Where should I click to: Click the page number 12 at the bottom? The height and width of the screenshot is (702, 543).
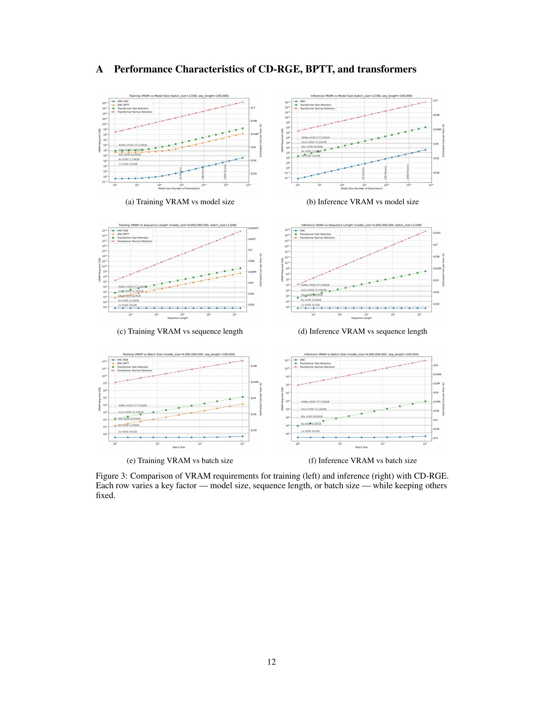(271, 662)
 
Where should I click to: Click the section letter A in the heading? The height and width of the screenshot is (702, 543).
(100, 70)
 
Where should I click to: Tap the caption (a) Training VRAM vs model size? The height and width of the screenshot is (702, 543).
(180, 202)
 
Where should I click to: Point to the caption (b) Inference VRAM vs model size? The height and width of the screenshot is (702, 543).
(363, 202)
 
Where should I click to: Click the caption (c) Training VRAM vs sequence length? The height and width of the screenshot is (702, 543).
(180, 332)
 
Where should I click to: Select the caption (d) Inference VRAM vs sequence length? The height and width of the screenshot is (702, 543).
(363, 332)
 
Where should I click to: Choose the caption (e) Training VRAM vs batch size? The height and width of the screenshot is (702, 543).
(180, 460)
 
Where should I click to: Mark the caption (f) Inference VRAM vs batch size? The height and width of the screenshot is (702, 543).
(363, 460)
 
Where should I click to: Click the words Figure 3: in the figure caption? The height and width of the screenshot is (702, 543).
(111, 476)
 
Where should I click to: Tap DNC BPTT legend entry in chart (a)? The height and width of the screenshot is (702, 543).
(124, 105)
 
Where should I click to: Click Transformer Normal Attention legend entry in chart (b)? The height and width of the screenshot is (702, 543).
(317, 108)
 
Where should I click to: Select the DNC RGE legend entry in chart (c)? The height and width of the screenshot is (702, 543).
(123, 231)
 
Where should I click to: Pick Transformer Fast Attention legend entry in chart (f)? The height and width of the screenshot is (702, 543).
(315, 363)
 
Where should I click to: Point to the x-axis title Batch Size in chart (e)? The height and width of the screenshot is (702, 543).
(179, 447)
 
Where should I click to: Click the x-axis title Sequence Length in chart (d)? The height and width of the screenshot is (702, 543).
(361, 318)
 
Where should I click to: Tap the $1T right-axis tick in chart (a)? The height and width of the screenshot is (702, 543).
(253, 108)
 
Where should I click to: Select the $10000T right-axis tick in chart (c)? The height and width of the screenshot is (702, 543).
(254, 228)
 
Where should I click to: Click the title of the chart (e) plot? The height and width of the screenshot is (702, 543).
(179, 354)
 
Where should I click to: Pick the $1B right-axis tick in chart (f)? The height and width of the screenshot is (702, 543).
(436, 365)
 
